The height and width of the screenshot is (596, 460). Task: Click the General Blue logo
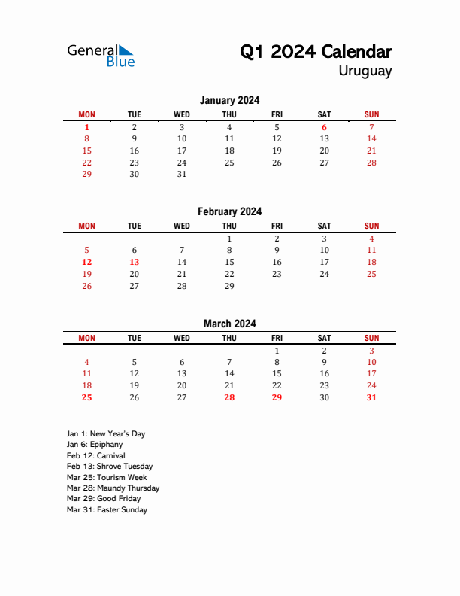pyautogui.click(x=101, y=55)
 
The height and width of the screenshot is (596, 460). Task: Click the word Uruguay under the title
pyautogui.click(x=365, y=71)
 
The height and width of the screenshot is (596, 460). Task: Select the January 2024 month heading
pyautogui.click(x=229, y=100)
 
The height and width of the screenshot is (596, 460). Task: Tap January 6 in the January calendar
pyautogui.click(x=324, y=128)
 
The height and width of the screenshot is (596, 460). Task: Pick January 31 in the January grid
pyautogui.click(x=182, y=174)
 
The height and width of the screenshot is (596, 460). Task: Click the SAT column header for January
pyautogui.click(x=324, y=114)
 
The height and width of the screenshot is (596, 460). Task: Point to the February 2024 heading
pyautogui.click(x=229, y=212)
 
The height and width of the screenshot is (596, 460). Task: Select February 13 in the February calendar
pyautogui.click(x=135, y=262)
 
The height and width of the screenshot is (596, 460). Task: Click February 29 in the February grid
pyautogui.click(x=229, y=286)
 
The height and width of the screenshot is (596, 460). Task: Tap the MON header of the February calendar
pyautogui.click(x=87, y=226)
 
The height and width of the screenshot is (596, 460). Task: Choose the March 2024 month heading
pyautogui.click(x=229, y=324)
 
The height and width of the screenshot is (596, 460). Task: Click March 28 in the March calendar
pyautogui.click(x=229, y=397)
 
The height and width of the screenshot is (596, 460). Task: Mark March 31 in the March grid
pyautogui.click(x=371, y=397)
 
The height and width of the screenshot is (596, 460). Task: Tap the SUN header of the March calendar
pyautogui.click(x=371, y=338)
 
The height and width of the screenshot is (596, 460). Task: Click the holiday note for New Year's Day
pyautogui.click(x=106, y=434)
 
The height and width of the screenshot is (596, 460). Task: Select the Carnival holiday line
pyautogui.click(x=95, y=456)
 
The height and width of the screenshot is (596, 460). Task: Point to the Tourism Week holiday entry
pyautogui.click(x=107, y=478)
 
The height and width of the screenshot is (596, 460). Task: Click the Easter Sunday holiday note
pyautogui.click(x=107, y=510)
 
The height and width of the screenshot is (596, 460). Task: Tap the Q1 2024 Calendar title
pyautogui.click(x=316, y=52)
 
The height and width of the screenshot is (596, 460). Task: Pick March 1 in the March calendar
pyautogui.click(x=277, y=351)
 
